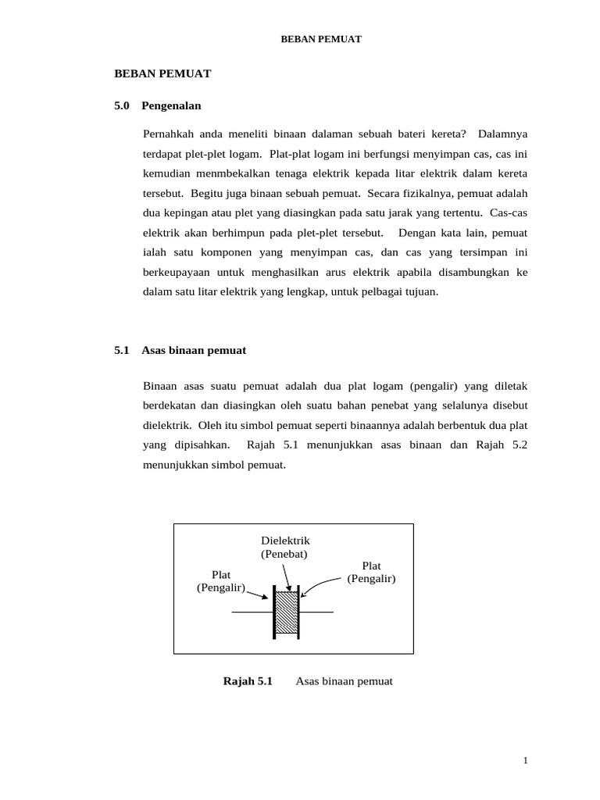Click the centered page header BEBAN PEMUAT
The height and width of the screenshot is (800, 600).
point(321,39)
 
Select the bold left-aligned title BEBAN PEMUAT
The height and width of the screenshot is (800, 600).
point(162,73)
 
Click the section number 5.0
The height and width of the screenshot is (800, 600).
point(122,105)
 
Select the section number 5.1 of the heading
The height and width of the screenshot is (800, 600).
point(122,350)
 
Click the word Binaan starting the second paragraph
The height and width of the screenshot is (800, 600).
point(161,386)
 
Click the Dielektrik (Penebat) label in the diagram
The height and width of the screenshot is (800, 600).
point(285,547)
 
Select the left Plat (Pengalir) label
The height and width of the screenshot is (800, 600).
point(221,580)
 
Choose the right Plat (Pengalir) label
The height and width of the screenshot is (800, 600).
point(371,572)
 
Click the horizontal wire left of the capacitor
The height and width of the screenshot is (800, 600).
point(252,612)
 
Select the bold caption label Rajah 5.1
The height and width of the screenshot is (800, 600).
point(248,681)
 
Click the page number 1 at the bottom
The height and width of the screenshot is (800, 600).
point(527,760)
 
